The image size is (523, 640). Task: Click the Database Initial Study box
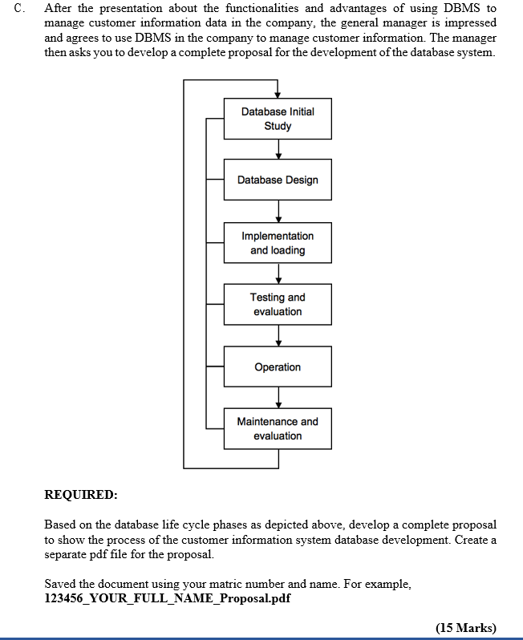tap(278, 119)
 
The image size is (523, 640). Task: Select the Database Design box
tap(278, 180)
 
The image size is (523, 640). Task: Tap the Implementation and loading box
tap(278, 243)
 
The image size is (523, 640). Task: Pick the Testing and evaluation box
tap(278, 304)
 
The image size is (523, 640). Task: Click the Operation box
tap(278, 367)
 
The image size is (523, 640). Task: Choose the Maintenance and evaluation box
tap(278, 428)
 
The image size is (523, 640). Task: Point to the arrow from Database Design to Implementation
tap(278, 210)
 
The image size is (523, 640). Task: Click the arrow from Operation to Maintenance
tap(278, 398)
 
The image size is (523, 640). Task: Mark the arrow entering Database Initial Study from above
tap(278, 89)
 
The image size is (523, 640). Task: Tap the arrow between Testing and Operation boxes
tap(278, 335)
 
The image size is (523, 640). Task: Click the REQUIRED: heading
tap(81, 494)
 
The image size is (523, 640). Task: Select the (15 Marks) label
tap(465, 627)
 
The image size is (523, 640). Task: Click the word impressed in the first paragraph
tap(470, 22)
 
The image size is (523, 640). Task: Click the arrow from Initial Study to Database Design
tap(278, 150)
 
